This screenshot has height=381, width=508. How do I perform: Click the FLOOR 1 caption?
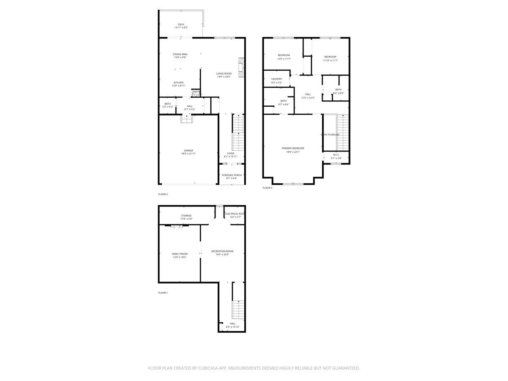tap(163, 293)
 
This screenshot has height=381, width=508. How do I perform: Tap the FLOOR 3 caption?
tap(267, 188)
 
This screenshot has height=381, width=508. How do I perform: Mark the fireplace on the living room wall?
tap(241, 68)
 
